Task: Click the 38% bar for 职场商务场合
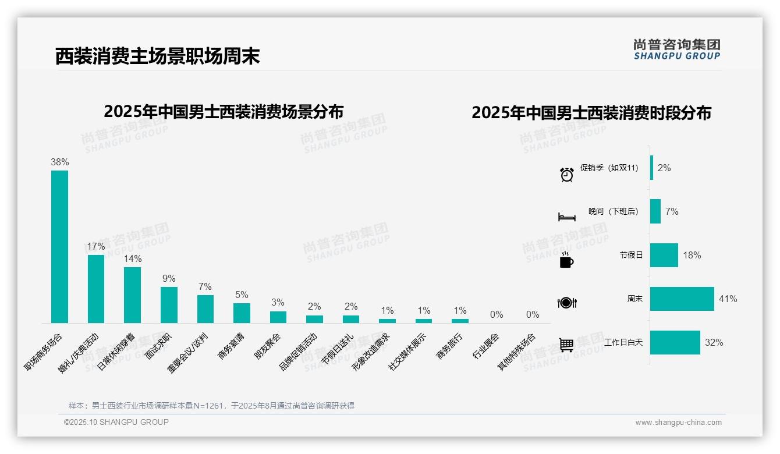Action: [59, 246]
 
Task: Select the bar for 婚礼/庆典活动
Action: [96, 289]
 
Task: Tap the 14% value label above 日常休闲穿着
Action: [133, 258]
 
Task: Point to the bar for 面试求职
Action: [169, 304]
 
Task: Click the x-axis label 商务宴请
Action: [231, 346]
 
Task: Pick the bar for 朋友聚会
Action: [278, 317]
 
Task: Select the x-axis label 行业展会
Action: [485, 346]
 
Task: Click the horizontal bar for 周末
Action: [682, 299]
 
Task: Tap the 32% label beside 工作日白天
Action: [714, 342]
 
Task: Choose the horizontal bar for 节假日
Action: [664, 255]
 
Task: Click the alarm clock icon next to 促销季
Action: [567, 174]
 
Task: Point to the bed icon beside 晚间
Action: [567, 217]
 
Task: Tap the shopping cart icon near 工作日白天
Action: [566, 345]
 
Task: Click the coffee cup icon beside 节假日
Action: [566, 260]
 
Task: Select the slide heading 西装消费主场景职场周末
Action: [157, 56]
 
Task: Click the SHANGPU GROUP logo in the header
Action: [676, 49]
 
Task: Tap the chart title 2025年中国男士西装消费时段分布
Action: [591, 112]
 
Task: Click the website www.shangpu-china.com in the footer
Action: [678, 423]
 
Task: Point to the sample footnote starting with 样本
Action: [211, 406]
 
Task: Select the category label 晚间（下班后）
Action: [613, 211]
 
